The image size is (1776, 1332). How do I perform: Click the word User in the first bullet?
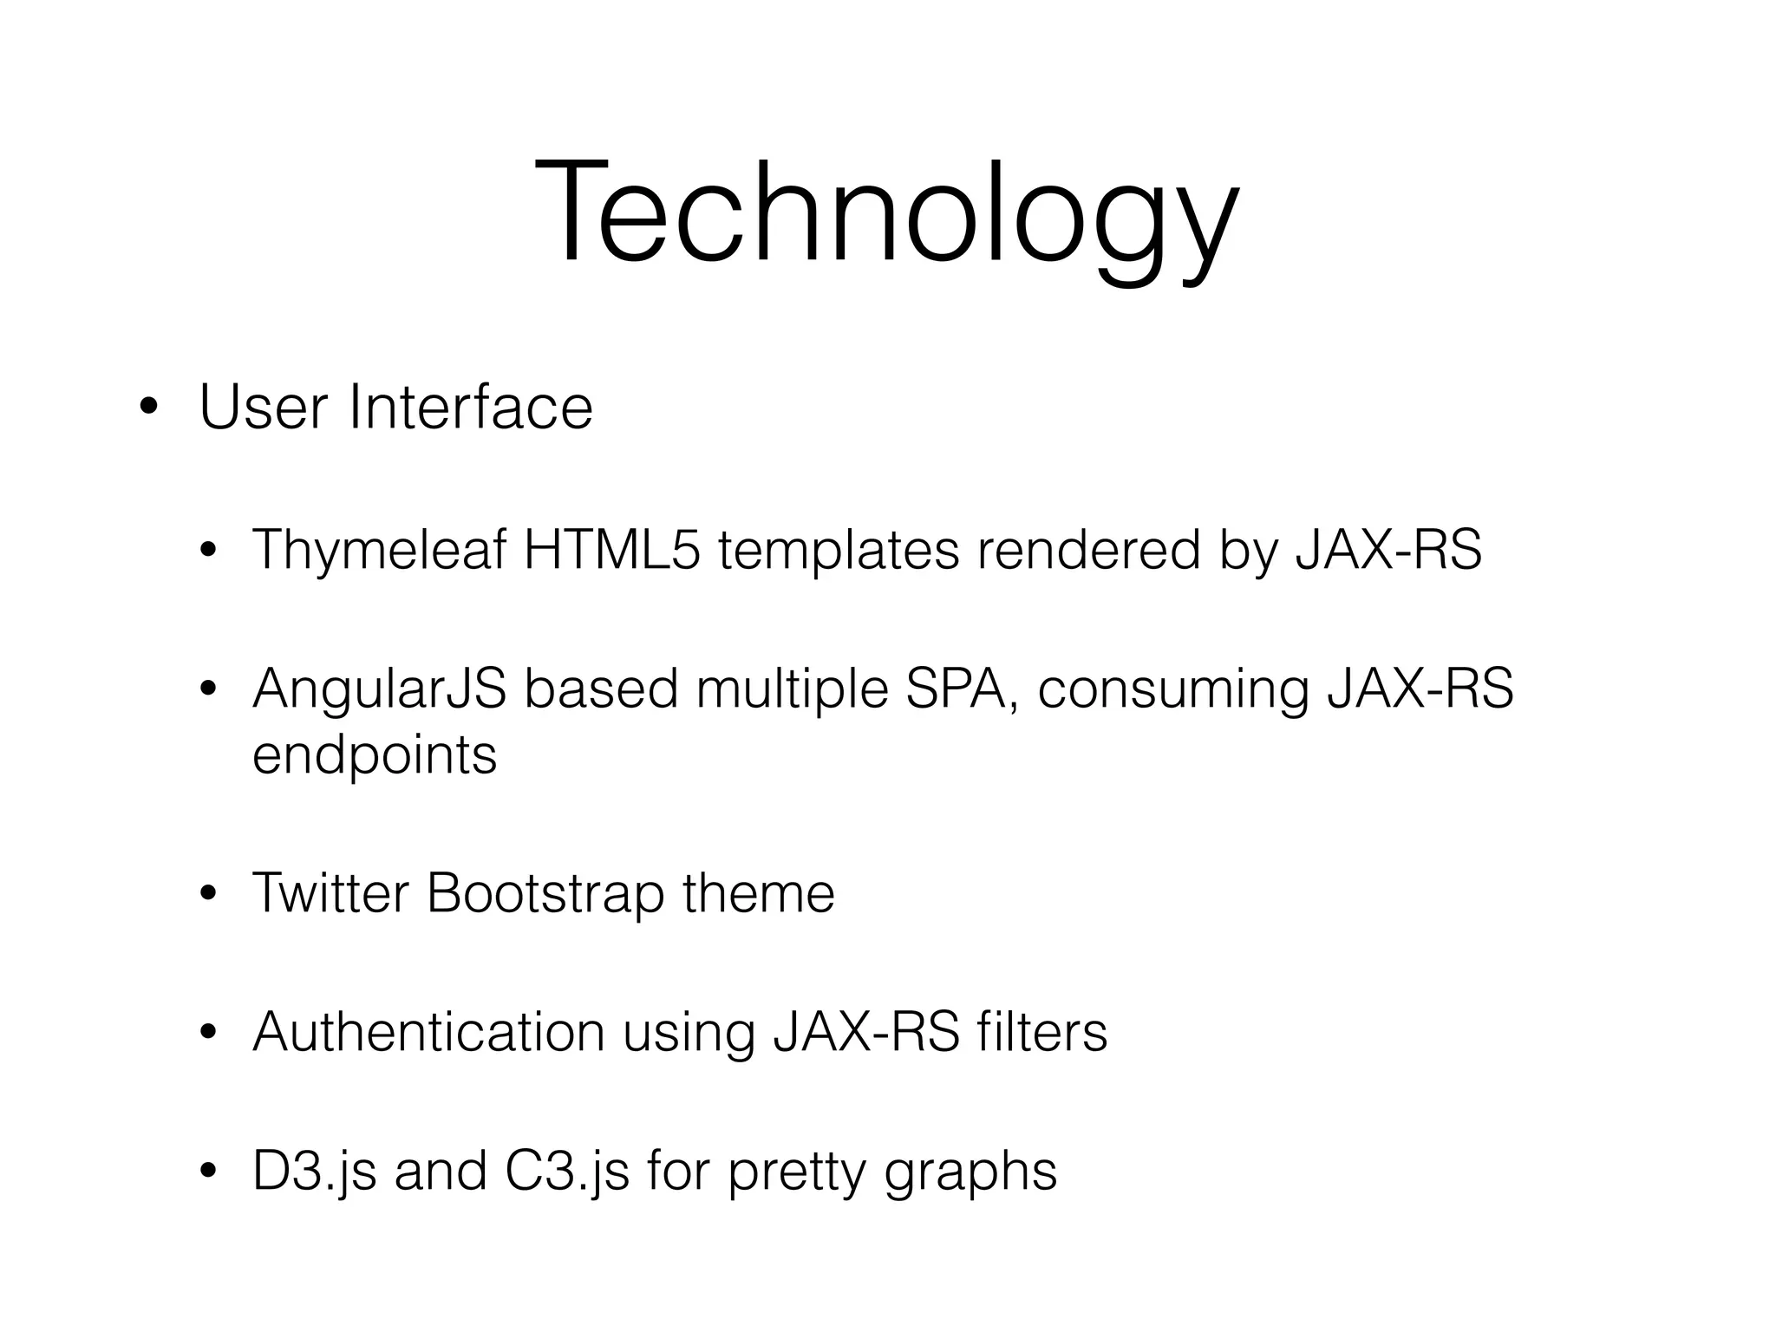coord(264,407)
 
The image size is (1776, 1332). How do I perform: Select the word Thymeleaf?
coord(379,550)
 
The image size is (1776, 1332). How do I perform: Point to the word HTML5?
coord(611,550)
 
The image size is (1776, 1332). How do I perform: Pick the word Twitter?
coord(330,893)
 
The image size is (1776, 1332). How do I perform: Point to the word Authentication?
coord(428,1032)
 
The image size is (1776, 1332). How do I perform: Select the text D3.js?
coord(314,1172)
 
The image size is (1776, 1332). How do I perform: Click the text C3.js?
coord(566,1172)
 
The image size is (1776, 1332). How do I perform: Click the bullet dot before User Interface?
coord(149,408)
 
